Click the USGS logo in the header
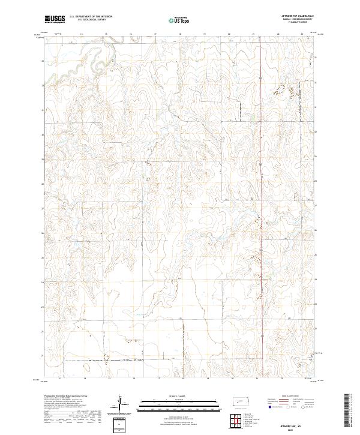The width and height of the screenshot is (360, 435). pyautogui.click(x=55, y=20)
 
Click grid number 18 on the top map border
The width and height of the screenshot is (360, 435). pyautogui.click(x=181, y=35)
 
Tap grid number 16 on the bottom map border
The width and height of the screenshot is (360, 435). pyautogui.click(x=134, y=379)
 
